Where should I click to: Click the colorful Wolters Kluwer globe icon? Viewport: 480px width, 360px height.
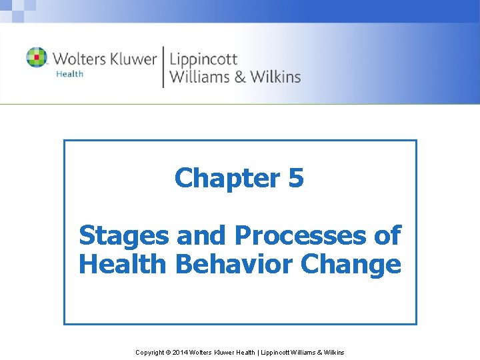click(37, 57)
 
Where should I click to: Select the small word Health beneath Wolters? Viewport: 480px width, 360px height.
click(69, 74)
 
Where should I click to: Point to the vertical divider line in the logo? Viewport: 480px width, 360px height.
click(163, 67)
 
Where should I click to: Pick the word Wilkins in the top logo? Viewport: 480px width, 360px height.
click(275, 77)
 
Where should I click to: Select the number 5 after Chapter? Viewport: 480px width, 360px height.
click(297, 178)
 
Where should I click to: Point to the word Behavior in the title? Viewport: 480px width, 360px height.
click(233, 264)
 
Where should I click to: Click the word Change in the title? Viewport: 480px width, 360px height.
click(351, 264)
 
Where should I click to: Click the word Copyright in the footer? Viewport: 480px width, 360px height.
click(151, 352)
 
